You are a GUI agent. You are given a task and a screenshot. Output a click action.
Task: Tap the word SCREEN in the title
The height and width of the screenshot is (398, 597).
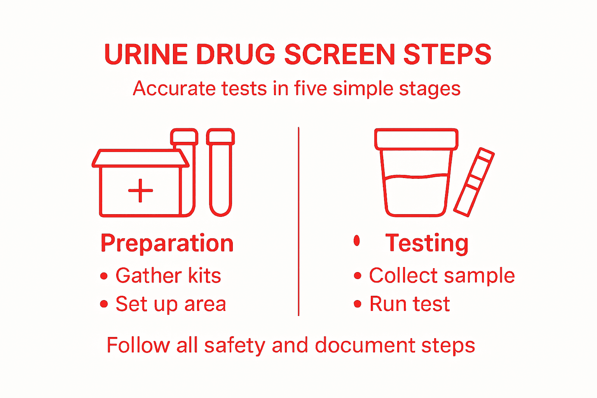339,54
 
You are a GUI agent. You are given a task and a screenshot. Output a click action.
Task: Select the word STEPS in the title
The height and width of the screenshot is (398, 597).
447,54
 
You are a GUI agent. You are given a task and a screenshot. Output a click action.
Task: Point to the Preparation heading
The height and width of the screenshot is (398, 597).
167,243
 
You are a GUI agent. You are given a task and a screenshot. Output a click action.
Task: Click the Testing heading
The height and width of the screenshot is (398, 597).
427,243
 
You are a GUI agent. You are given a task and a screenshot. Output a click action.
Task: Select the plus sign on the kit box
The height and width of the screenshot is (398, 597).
140,190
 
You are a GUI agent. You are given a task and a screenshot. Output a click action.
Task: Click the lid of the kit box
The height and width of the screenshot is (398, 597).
140,159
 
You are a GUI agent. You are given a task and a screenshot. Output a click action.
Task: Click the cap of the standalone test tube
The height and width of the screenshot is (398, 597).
220,136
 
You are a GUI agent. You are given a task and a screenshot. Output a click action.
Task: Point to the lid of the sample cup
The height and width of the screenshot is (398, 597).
416,139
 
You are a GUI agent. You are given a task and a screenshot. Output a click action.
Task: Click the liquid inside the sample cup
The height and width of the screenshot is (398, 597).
416,194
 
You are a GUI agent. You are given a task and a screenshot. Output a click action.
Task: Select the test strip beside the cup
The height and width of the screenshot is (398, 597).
474,182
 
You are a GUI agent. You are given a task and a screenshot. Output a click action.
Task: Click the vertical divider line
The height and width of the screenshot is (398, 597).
298,222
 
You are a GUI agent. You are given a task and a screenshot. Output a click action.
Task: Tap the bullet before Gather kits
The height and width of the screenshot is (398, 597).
104,276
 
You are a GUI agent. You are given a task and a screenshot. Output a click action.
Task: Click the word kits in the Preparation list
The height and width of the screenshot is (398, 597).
204,276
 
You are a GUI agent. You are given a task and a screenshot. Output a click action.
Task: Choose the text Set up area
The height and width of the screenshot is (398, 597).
171,304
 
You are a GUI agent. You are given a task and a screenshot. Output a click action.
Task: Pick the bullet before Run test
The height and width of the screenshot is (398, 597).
358,304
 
